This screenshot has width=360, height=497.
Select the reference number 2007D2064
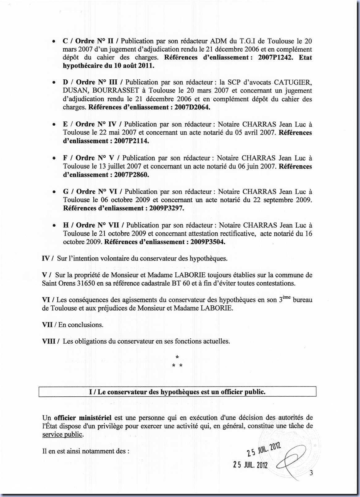(192, 107)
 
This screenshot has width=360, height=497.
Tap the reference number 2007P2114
(132, 141)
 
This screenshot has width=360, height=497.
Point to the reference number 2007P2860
(132, 175)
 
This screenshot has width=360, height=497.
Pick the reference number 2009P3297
(166, 208)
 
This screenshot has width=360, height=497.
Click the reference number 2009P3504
(208, 242)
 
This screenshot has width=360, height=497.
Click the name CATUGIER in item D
(292, 82)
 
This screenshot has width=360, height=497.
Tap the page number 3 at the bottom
(311, 473)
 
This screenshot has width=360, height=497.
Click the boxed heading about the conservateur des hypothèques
(177, 392)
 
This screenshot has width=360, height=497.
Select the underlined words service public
(62, 435)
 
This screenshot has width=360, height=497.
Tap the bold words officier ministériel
(82, 418)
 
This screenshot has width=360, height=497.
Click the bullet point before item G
(54, 192)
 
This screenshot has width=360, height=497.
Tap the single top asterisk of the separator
(177, 357)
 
